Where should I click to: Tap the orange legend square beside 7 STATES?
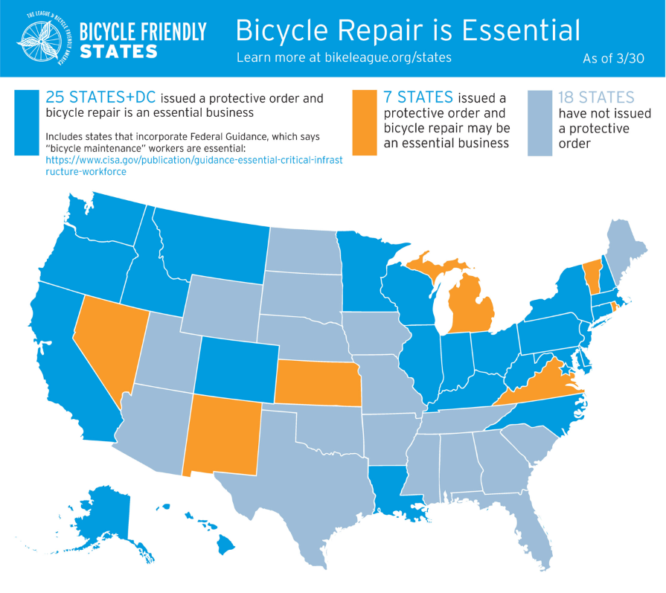[x=365, y=123]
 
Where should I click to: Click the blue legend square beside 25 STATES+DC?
[x=26, y=123]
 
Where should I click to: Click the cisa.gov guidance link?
[x=193, y=165]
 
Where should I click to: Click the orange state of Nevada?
[x=108, y=339]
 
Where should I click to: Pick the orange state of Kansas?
[x=318, y=382]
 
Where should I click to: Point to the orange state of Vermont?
[x=592, y=275]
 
